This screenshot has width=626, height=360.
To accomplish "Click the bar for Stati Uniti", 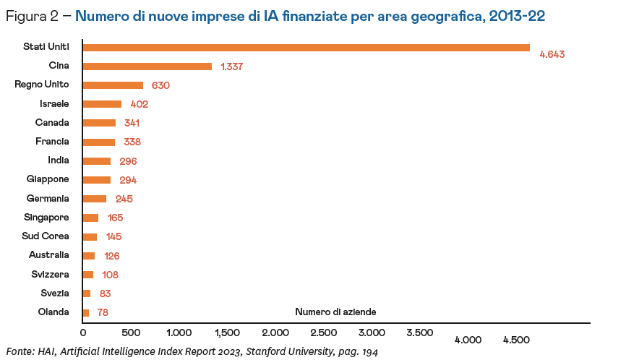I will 306,48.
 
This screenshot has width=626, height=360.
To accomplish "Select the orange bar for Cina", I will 147,67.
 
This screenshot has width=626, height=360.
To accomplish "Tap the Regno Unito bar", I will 113,85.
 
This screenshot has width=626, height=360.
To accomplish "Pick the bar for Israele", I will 102,104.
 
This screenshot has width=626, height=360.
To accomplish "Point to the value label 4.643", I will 552,54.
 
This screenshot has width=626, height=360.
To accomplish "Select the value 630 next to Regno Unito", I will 160,85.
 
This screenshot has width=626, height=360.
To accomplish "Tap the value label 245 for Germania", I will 124,199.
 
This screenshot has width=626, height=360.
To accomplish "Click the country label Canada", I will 52,122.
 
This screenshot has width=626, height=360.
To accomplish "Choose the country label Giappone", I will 48,179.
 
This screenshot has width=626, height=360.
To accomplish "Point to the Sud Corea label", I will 46,236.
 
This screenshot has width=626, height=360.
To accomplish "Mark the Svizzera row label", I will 50,274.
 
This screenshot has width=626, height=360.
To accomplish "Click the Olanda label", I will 53,312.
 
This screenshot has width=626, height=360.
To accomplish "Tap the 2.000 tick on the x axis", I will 275,333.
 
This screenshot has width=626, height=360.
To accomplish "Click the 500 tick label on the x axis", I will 130,333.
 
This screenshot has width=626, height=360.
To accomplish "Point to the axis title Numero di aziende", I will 335,312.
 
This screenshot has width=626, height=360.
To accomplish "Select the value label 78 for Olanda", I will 102,312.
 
